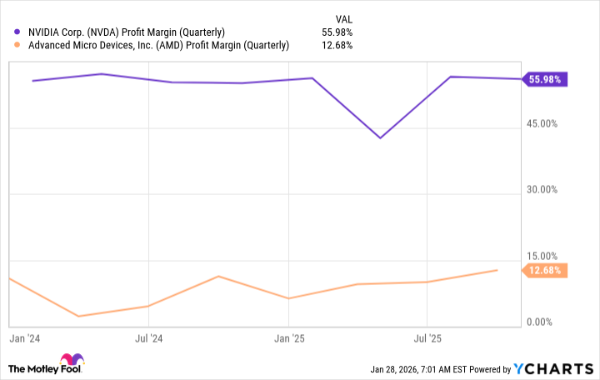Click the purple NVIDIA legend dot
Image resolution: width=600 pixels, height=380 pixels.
pos(17,32)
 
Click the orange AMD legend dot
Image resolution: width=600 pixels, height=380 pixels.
pos(17,45)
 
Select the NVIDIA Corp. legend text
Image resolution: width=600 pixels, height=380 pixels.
pos(126,32)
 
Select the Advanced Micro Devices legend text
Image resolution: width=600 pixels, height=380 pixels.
pos(157,45)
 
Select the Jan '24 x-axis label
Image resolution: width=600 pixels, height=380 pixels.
pos(22,339)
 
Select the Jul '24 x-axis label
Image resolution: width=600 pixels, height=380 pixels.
pos(147,339)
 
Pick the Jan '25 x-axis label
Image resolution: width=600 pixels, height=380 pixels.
pos(288,339)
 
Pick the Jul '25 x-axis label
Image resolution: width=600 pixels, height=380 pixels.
pos(427,339)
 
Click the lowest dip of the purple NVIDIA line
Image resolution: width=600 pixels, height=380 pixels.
pos(380,137)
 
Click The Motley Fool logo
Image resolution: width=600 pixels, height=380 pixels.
pos(47,367)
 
